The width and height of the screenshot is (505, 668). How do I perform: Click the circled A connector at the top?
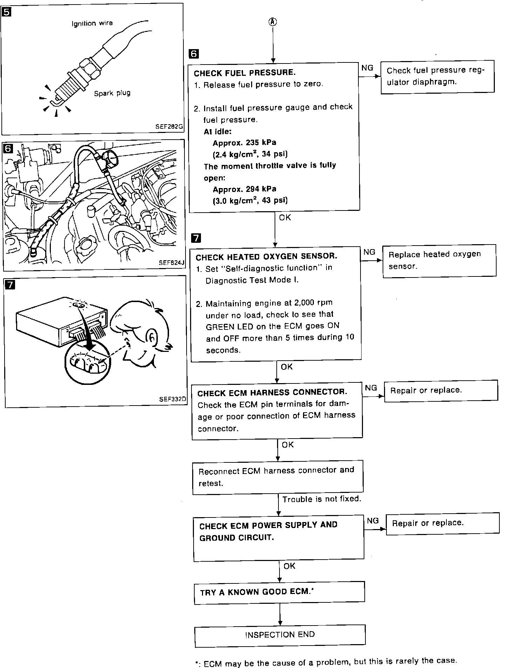tap(273, 22)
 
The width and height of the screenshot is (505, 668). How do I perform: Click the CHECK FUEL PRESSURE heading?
tap(245, 73)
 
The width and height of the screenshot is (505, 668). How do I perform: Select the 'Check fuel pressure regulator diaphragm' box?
tap(437, 76)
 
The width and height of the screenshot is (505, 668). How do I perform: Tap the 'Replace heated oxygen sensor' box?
tap(439, 261)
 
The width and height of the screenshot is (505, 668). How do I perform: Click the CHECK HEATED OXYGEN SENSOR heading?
tap(267, 256)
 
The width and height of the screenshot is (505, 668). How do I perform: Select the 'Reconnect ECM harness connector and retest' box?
tap(278, 477)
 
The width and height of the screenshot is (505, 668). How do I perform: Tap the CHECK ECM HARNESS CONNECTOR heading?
tap(272, 392)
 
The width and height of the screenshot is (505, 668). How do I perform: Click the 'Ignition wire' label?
tap(92, 24)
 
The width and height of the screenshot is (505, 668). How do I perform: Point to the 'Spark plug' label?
tap(112, 93)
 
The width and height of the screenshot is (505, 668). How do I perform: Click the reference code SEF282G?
tap(169, 127)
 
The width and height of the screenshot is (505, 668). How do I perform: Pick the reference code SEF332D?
tap(173, 399)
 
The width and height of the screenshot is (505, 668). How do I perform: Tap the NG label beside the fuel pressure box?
tap(367, 68)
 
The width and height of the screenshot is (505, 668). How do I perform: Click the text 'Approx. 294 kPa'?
tap(244, 189)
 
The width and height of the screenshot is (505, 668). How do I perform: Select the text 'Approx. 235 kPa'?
tap(244, 143)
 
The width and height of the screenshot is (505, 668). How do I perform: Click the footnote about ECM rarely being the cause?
tap(326, 661)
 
